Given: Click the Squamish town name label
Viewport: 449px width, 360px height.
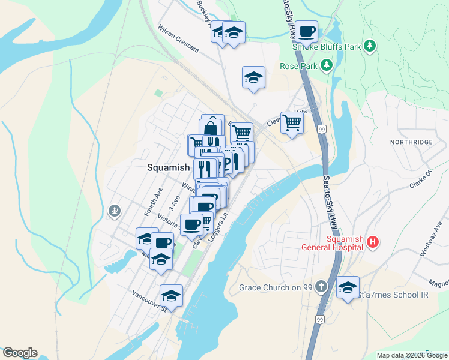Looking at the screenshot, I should click(x=169, y=168).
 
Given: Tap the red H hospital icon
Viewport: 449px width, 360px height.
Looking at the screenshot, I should click(x=373, y=242).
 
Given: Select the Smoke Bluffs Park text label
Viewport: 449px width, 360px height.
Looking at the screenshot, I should click(x=327, y=47).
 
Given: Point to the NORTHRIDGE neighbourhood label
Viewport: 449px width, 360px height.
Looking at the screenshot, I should click(x=411, y=142).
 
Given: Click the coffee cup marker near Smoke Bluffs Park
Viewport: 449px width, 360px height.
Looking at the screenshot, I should click(x=306, y=31).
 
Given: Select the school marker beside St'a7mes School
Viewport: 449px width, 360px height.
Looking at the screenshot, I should click(x=348, y=287).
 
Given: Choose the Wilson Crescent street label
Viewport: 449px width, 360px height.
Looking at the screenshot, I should click(x=178, y=38).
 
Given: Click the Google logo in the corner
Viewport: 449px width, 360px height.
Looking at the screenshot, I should click(x=20, y=353).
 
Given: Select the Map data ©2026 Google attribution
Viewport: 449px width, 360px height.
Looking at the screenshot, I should click(x=411, y=355).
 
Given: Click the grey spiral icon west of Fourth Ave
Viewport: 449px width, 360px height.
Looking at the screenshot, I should click(x=115, y=211).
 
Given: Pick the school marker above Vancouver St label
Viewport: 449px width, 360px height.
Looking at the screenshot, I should click(x=171, y=295).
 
